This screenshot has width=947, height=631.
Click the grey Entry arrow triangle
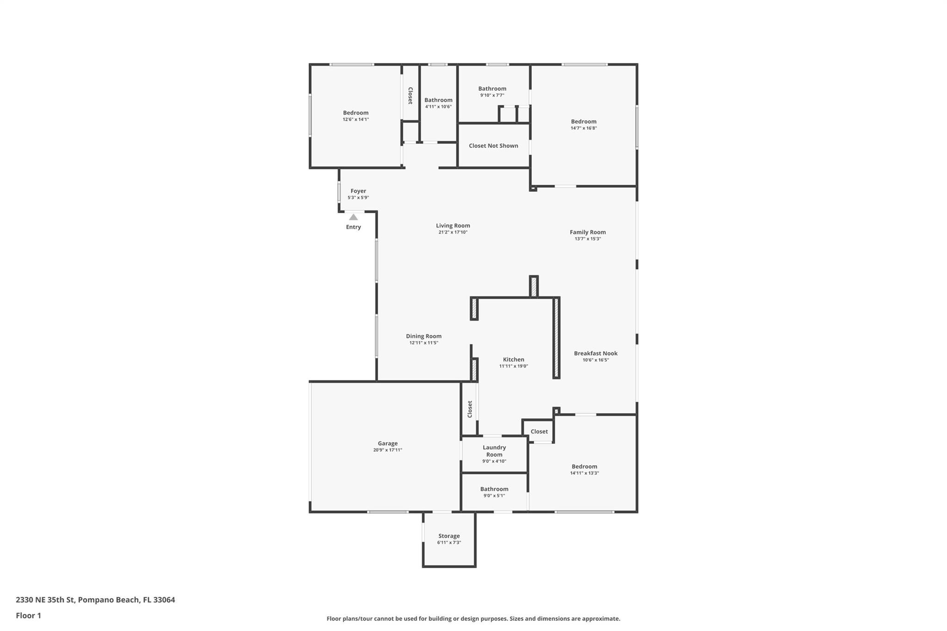click(x=353, y=217)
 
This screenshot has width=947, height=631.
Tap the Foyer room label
click(x=358, y=191)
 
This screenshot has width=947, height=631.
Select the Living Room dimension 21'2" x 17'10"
click(x=453, y=233)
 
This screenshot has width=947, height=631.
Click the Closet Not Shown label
click(x=493, y=146)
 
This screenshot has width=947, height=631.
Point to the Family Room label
click(x=587, y=232)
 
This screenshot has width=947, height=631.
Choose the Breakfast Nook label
click(x=596, y=353)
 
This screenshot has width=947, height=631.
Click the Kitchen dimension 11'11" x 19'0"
click(x=513, y=366)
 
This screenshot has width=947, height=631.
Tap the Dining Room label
click(x=424, y=336)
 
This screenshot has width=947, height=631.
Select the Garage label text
click(x=387, y=443)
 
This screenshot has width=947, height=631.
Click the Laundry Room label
click(x=494, y=451)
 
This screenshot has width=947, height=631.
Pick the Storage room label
click(x=449, y=536)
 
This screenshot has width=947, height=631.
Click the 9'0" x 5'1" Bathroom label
click(x=494, y=489)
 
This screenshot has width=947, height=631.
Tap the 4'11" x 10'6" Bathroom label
click(x=438, y=100)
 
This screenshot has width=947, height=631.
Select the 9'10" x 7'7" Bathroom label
click(x=492, y=88)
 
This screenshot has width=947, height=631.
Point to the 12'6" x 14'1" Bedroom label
click(x=356, y=113)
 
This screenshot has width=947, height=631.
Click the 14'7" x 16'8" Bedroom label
click(x=584, y=122)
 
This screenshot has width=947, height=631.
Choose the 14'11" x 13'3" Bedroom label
click(x=584, y=466)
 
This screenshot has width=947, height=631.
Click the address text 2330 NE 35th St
click(x=95, y=600)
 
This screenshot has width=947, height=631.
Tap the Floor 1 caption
click(x=28, y=615)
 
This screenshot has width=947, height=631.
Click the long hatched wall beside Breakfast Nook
click(x=556, y=338)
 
